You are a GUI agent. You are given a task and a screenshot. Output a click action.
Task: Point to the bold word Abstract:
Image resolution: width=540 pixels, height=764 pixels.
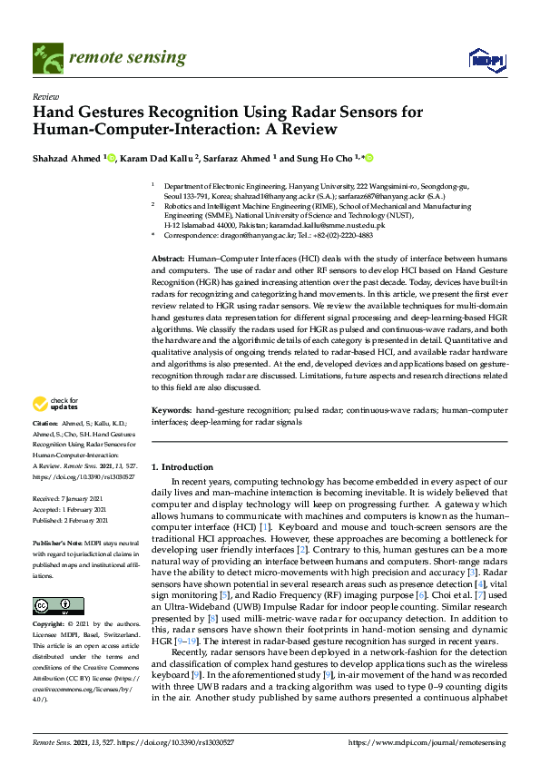170,260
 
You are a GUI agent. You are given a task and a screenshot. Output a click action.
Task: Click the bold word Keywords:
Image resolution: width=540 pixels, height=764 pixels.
172,412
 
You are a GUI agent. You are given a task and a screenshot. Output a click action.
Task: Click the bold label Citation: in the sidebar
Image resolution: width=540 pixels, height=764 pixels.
44,424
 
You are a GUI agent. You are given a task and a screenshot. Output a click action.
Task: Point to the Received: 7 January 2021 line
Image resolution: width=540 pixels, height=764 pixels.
71,498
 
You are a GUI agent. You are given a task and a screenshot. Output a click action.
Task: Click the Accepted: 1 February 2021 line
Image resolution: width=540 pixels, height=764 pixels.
72,510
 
